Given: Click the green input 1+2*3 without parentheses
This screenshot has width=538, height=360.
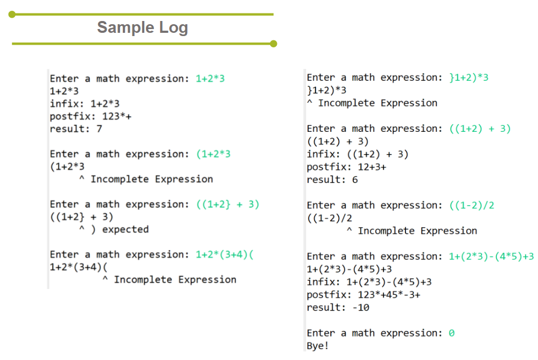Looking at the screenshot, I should tap(210, 79).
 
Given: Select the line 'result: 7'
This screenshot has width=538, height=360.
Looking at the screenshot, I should tap(76, 129).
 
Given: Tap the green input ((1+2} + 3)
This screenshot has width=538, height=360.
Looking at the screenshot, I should tap(228, 204).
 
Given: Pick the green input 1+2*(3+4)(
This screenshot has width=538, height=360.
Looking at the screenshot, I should tap(225, 255).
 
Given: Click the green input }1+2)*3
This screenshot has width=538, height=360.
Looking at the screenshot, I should tap(469, 77).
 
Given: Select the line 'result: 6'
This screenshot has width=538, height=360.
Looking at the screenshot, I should tap(332, 180).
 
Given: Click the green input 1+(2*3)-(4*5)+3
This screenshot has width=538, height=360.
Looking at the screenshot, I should tap(491, 256).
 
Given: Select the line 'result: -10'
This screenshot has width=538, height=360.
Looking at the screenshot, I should tap(338, 308).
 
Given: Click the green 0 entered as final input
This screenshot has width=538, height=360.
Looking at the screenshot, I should tap(451, 333).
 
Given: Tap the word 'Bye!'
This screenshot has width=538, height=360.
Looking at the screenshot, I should tap(318, 346).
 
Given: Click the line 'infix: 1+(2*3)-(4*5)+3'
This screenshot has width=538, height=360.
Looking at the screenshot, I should tap(369, 282).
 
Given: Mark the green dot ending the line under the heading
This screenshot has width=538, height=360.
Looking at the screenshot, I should tap(273, 44).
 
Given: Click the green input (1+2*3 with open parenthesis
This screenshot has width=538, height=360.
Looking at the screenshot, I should tap(213, 154).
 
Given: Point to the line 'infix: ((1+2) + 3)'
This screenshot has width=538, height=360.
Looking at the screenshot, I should tap(358, 154).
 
